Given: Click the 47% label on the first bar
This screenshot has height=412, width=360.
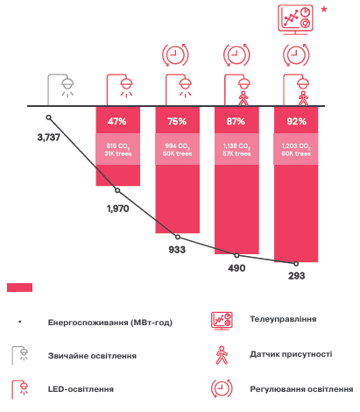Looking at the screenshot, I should (x=117, y=120).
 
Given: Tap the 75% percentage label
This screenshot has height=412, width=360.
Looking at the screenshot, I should (x=178, y=120).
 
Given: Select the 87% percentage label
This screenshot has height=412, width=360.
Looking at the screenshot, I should (x=236, y=120).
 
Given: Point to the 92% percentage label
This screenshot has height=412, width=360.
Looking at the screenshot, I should (x=296, y=120).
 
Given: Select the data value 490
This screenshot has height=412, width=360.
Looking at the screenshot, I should (x=236, y=269).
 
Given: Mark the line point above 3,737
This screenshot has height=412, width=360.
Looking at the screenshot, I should (x=49, y=117).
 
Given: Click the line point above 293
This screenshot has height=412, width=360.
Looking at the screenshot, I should (x=296, y=263).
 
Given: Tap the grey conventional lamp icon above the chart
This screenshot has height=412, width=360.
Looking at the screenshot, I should (x=60, y=86).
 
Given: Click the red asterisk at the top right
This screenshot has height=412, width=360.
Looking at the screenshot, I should (x=328, y=11).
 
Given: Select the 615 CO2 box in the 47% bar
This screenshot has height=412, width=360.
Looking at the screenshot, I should (x=117, y=148).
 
